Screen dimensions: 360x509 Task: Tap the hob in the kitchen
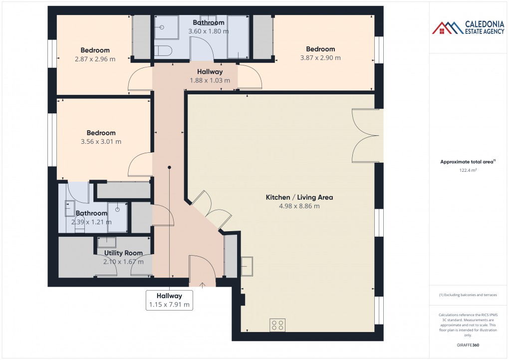coord(277,325)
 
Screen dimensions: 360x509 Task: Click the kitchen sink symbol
coord(247,266)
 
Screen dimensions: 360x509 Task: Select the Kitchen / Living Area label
coord(299,197)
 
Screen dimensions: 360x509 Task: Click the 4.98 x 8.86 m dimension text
coord(299,206)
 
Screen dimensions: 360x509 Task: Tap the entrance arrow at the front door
coord(202,285)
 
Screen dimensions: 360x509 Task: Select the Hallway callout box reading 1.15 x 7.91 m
coord(169,300)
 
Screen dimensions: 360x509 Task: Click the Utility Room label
coord(123,253)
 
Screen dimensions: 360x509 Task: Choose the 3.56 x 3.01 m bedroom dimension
coord(101,142)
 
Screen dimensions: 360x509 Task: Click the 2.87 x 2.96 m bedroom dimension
coord(95,59)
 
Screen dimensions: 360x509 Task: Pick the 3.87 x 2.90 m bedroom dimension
coord(320,58)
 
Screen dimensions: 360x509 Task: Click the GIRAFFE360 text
coord(469,345)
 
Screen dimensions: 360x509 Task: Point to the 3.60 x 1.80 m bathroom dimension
coord(209,31)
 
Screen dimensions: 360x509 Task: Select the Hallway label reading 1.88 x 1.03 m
coord(210,76)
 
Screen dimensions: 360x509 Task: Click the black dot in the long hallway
coord(169,167)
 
